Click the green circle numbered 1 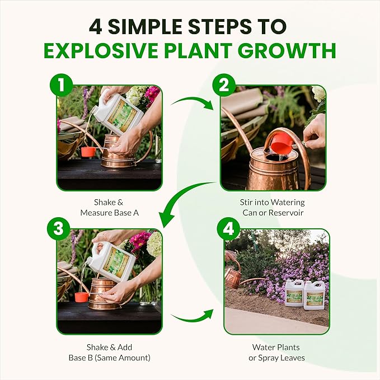tap(62, 85)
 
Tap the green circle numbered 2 tap(224, 85)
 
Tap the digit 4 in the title tap(96, 26)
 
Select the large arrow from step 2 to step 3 tap(179, 199)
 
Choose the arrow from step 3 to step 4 tap(193, 317)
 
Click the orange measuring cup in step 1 tap(88, 152)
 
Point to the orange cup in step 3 tap(82, 297)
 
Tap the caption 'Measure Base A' tap(110, 213)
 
